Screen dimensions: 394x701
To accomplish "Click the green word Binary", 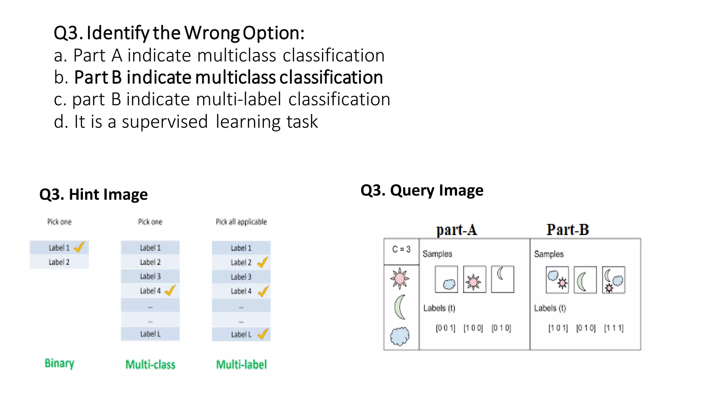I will coord(59,363).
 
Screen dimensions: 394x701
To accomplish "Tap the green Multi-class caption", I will coord(150,365).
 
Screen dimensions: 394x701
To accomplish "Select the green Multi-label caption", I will coord(241,365).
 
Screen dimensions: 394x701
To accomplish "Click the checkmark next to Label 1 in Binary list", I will coord(79,247).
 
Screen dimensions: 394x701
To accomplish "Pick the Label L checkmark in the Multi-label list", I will coord(263,334).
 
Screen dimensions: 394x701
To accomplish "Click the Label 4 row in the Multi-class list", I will coord(150,291).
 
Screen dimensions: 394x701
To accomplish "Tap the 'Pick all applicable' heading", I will coord(241,222).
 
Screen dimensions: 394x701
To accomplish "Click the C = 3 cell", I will coord(401,249).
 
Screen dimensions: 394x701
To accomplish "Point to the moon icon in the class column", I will coord(399,307).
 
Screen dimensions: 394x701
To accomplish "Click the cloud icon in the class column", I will coord(399,336).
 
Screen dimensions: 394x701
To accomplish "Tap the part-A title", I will coord(456,230).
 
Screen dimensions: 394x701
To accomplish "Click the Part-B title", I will coord(568,229).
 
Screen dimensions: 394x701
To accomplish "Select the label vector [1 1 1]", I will coord(614,328).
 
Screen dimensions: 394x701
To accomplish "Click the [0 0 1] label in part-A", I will coord(445,328).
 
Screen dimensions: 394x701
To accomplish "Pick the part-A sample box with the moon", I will coord(502,279).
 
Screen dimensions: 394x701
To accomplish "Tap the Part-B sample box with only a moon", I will coord(585,280).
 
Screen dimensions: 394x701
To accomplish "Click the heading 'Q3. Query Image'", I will coord(422,190).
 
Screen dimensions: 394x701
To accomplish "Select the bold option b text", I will coord(228,77).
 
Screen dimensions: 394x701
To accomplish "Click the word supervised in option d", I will coord(165,122).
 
